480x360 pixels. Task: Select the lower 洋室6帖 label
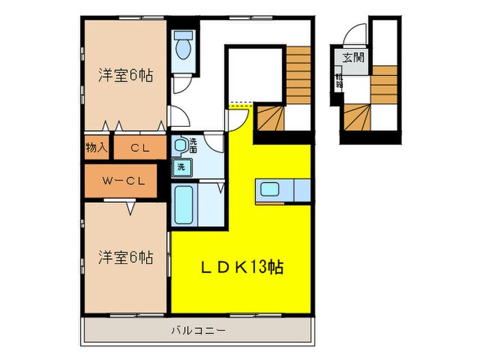[x=124, y=258]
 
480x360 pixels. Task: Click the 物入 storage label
[x=97, y=147]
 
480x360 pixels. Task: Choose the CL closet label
[x=141, y=147]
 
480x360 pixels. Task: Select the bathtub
[x=183, y=204]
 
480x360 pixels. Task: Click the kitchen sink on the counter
[x=268, y=189]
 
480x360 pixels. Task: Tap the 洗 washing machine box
[x=182, y=167]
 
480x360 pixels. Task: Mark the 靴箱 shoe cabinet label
[x=339, y=82]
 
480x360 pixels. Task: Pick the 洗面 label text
[x=193, y=145]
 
